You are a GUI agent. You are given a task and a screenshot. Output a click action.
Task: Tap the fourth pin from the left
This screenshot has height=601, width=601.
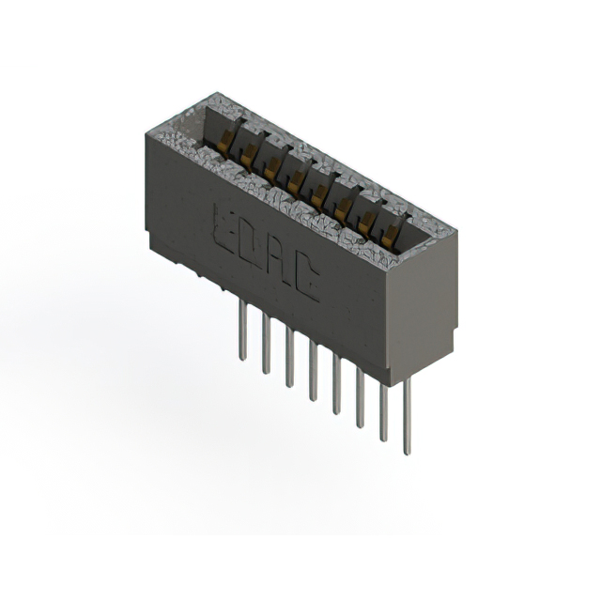coord(313,373)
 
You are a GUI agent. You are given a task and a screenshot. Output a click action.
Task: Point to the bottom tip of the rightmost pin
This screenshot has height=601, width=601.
coord(407,453)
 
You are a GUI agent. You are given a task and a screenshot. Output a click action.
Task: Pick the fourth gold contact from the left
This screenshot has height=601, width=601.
coord(296,178)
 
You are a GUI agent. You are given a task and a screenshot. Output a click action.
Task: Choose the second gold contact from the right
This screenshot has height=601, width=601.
coord(366,218)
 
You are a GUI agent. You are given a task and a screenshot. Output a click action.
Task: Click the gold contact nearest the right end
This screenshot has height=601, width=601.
coord(389,230)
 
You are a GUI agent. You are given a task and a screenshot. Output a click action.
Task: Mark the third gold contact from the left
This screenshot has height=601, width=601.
coord(272,165)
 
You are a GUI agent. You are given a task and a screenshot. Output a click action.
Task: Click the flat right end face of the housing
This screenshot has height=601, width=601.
coord(424,291)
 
